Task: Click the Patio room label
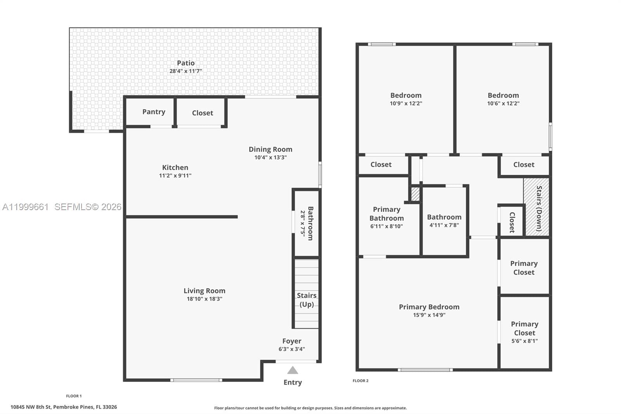click(186, 63)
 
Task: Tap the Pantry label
click(154, 112)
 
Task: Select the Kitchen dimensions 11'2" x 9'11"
click(175, 176)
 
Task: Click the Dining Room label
click(270, 150)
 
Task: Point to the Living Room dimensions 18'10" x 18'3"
click(204, 299)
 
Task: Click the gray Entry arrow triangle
click(293, 370)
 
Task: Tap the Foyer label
click(291, 341)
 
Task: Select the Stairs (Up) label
click(307, 300)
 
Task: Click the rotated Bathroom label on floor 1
click(310, 223)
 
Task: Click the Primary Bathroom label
click(387, 214)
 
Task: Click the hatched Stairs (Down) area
click(536, 207)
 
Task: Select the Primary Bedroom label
click(429, 307)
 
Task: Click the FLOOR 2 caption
click(361, 381)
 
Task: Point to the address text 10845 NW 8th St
click(64, 407)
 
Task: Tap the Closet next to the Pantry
click(202, 113)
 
